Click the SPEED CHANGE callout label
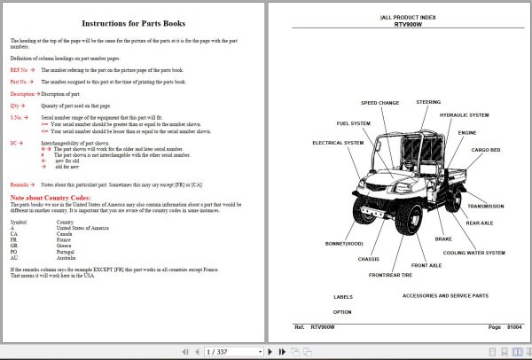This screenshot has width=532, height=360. click(379, 103)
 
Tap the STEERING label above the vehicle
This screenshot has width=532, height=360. click(428, 102)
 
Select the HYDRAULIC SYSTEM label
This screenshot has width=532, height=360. click(464, 115)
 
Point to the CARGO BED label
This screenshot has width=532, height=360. click(488, 150)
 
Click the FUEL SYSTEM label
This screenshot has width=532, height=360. click(353, 123)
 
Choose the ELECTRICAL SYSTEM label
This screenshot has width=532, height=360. click(338, 143)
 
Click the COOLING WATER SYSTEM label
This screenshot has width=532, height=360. click(473, 253)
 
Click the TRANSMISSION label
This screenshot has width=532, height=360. click(485, 207)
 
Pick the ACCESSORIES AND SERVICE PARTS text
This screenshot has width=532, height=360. click(444, 295)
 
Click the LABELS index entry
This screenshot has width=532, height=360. click(342, 297)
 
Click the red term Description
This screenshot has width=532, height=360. click(22, 93)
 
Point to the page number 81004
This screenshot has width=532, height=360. click(513, 327)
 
